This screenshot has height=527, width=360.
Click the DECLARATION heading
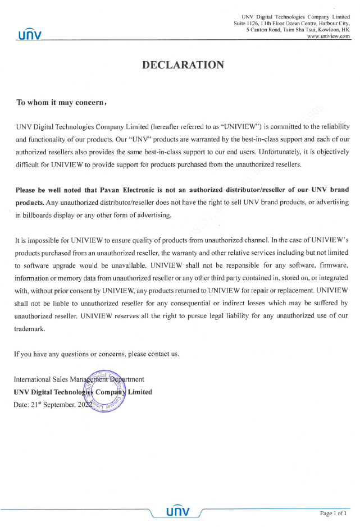click(x=183, y=65)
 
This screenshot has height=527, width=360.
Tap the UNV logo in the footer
click(x=177, y=511)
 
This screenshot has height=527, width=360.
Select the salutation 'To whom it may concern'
click(x=61, y=103)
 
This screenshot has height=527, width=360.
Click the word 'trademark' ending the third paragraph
click(x=29, y=329)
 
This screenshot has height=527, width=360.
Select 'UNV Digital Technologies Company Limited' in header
click(x=295, y=18)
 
